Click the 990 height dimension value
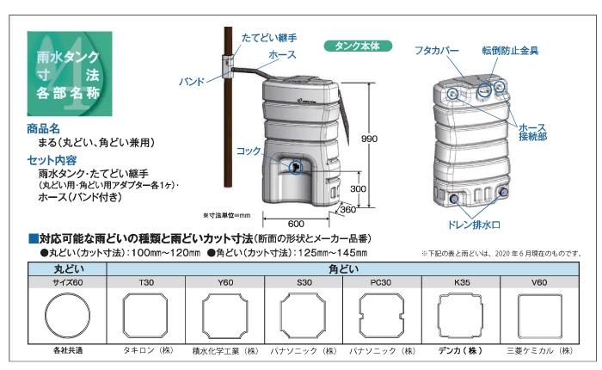pos(370,139)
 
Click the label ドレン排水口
pos(468,224)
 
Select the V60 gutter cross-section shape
pos(539,316)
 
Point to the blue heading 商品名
pos(44,127)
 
